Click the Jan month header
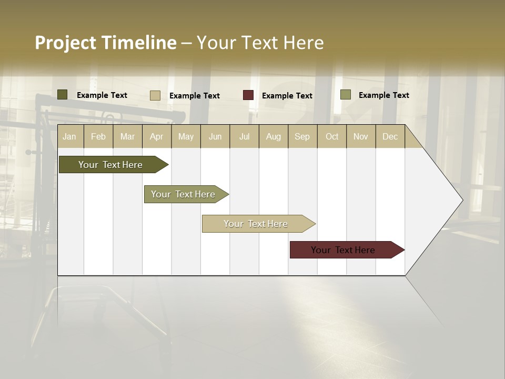pyautogui.click(x=70, y=136)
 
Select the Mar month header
pyautogui.click(x=127, y=136)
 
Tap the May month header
pyautogui.click(x=186, y=136)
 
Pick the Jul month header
pyautogui.click(x=244, y=136)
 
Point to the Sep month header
pyautogui.click(x=302, y=136)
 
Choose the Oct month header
pyautogui.click(x=332, y=136)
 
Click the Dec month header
pyautogui.click(x=390, y=136)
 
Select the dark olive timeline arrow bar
pyautogui.click(x=110, y=165)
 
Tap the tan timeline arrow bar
pyautogui.click(x=256, y=224)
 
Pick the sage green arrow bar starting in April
pyautogui.click(x=184, y=194)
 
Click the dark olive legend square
pyautogui.click(x=62, y=95)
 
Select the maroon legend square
pyautogui.click(x=248, y=95)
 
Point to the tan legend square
pyautogui.click(x=155, y=95)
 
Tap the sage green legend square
pyautogui.click(x=346, y=95)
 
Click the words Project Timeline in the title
pyautogui.click(x=105, y=43)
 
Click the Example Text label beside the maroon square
pyautogui.click(x=287, y=96)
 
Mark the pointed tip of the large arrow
pyautogui.click(x=461, y=200)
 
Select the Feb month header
pyautogui.click(x=98, y=136)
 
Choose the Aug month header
pyautogui.click(x=273, y=136)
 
